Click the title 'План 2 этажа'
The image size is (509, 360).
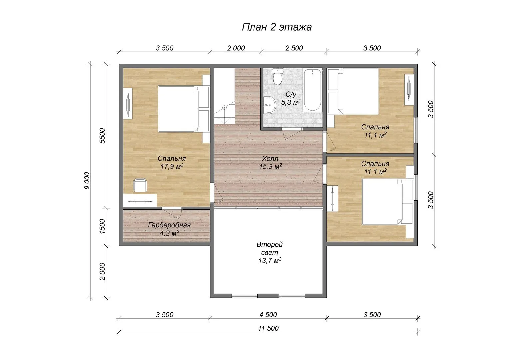coord(276,27)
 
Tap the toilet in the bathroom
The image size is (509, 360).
coord(277,76)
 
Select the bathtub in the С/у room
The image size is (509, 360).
coord(313,90)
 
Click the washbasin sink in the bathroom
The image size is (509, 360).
coord(270,105)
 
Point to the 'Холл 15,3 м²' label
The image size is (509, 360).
coord(270,162)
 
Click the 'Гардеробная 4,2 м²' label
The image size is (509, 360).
coord(169,229)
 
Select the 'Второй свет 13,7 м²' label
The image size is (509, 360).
coord(270,252)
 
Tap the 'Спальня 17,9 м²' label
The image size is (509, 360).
coord(172,162)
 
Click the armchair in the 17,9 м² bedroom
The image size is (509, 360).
coord(140,185)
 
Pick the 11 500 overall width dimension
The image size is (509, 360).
coord(268,328)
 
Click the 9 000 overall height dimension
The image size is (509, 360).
coord(87,181)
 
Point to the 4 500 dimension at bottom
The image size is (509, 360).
coord(268,315)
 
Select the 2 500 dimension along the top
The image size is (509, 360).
coord(294,48)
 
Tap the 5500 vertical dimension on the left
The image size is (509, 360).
coord(103,136)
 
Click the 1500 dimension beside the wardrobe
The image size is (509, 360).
coord(103,226)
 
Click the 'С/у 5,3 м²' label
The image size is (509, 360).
coord(291,98)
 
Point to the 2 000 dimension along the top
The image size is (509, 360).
coord(236,48)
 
